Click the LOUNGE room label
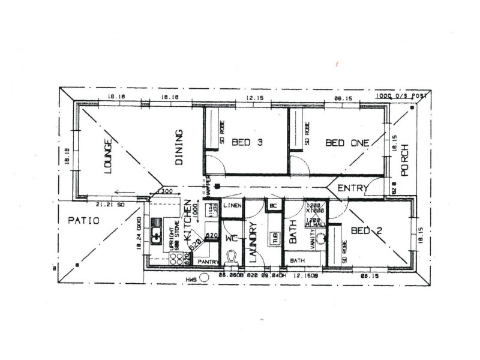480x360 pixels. pos(109,157)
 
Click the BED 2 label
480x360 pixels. pos(364,230)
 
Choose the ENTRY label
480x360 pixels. pos(353,188)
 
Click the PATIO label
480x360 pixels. pos(83,220)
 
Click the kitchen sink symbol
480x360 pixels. pos(157,234)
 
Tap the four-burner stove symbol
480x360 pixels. pos(178,259)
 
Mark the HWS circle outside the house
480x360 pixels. pos(205,277)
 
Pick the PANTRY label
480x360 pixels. pos(208,261)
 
